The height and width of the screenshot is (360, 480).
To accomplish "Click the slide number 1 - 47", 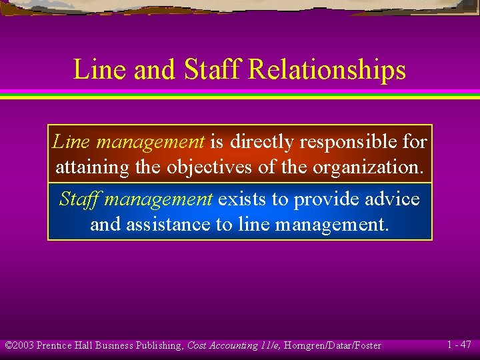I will (459, 345).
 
